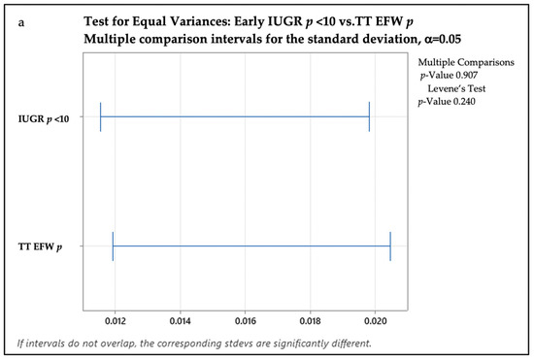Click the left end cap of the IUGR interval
coord(100,117)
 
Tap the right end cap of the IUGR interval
coord(369,117)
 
